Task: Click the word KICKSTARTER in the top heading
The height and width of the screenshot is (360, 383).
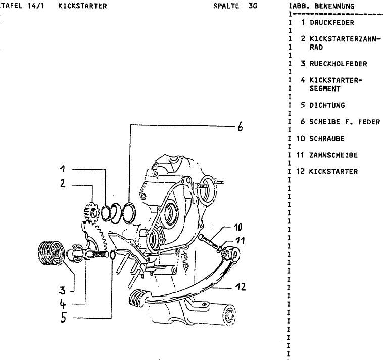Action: click(82, 6)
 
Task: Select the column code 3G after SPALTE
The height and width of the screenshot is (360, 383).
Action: click(253, 6)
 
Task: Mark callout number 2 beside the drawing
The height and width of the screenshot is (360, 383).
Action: click(62, 184)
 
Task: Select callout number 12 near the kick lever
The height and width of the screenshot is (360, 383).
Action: click(241, 288)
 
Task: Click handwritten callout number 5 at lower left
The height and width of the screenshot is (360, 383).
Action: click(63, 319)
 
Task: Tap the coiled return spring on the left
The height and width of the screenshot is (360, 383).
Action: click(51, 252)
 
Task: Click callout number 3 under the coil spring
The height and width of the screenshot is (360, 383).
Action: click(62, 291)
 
